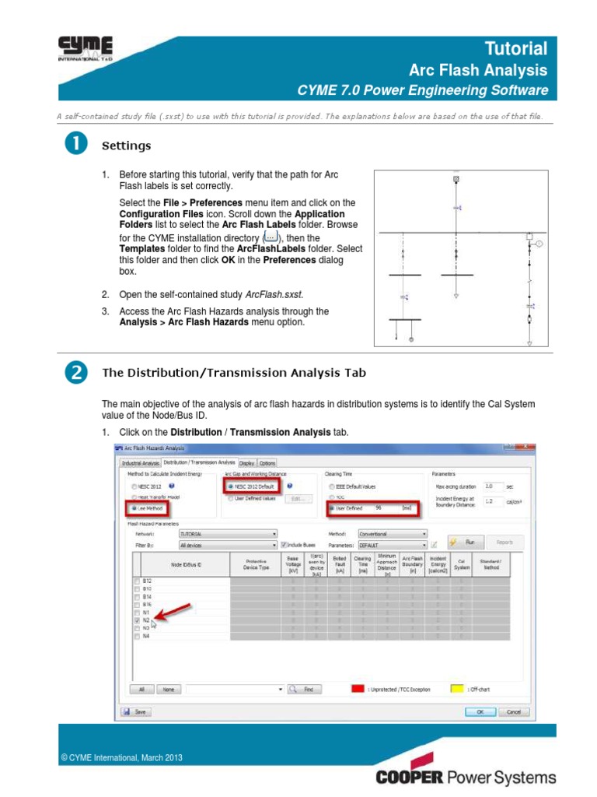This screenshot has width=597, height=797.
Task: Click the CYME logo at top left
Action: (x=86, y=48)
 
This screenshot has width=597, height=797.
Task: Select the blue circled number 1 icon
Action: (x=75, y=146)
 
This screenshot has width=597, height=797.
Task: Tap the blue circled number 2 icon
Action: (x=75, y=373)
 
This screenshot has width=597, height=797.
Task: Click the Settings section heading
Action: (x=127, y=146)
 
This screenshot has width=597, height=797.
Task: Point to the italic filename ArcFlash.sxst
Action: (x=274, y=295)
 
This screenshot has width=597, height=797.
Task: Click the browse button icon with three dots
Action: (x=271, y=237)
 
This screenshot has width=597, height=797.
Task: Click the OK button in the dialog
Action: (x=480, y=711)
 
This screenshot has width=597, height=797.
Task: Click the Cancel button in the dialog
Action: (x=513, y=711)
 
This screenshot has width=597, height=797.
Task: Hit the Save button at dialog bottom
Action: (x=136, y=711)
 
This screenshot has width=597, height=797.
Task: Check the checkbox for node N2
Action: (x=138, y=620)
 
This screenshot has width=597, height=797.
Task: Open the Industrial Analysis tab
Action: (x=140, y=462)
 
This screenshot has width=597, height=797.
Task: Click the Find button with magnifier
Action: (x=304, y=689)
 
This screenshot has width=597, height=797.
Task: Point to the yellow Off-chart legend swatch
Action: (x=457, y=689)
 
